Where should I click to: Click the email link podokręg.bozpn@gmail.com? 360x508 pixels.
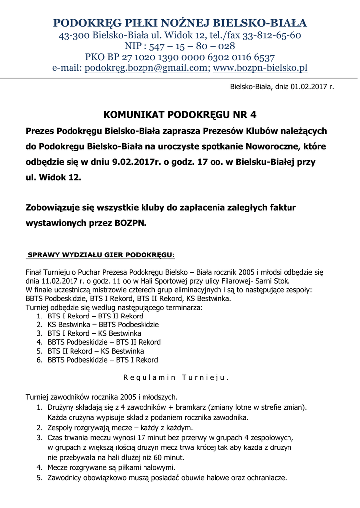[x=146, y=68]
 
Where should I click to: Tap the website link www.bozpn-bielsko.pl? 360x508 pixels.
[x=260, y=68]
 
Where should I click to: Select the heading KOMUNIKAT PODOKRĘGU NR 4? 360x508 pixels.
[x=180, y=115]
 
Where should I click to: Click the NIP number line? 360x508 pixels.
[x=180, y=46]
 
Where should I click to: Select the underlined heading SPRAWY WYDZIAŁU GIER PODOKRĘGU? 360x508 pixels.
[x=101, y=255]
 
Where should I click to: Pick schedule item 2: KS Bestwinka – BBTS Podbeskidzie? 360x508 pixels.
[x=103, y=324]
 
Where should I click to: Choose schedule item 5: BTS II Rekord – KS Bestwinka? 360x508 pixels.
[x=96, y=351]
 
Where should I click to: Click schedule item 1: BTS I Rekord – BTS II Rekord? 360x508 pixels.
[x=95, y=316]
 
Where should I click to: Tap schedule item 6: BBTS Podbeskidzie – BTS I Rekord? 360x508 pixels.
[x=103, y=360]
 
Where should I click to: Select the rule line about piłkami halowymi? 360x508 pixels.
[x=112, y=467]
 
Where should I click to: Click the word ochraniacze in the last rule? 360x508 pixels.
[x=266, y=478]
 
